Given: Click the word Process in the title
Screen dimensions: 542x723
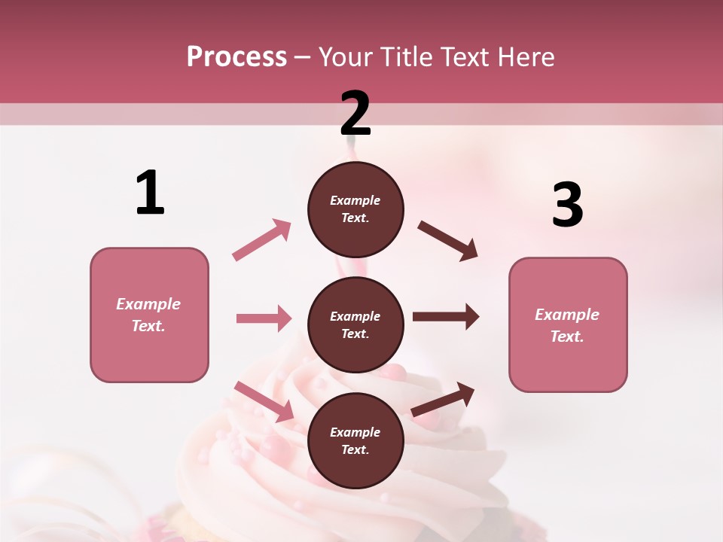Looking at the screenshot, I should (x=236, y=57).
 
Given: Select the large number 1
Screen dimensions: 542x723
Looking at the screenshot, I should (x=150, y=193).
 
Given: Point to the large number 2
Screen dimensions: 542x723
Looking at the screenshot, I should (x=355, y=114).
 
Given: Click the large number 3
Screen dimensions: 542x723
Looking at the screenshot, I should (x=567, y=206).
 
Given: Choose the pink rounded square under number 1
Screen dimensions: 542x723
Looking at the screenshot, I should (x=149, y=315).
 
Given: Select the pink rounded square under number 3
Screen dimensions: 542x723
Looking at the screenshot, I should (x=568, y=325).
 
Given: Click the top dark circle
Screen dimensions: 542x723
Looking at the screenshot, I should (x=355, y=209).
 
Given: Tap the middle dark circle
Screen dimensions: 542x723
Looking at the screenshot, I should (x=355, y=324).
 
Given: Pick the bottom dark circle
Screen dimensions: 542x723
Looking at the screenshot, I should (x=355, y=440).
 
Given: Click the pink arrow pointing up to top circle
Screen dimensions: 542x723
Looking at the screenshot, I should (x=262, y=239).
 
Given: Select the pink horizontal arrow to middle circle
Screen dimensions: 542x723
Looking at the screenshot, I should (x=264, y=318).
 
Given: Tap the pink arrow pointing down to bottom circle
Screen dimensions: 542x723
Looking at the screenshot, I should (x=264, y=401).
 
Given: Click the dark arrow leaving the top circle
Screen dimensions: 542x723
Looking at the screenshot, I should (x=448, y=241).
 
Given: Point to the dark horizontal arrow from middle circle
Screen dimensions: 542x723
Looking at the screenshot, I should (x=446, y=317).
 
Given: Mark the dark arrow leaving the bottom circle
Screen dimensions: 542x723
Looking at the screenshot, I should (x=444, y=399).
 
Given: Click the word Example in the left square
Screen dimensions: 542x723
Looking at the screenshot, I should (x=148, y=304).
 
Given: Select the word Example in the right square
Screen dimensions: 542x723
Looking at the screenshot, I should (x=567, y=315).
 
